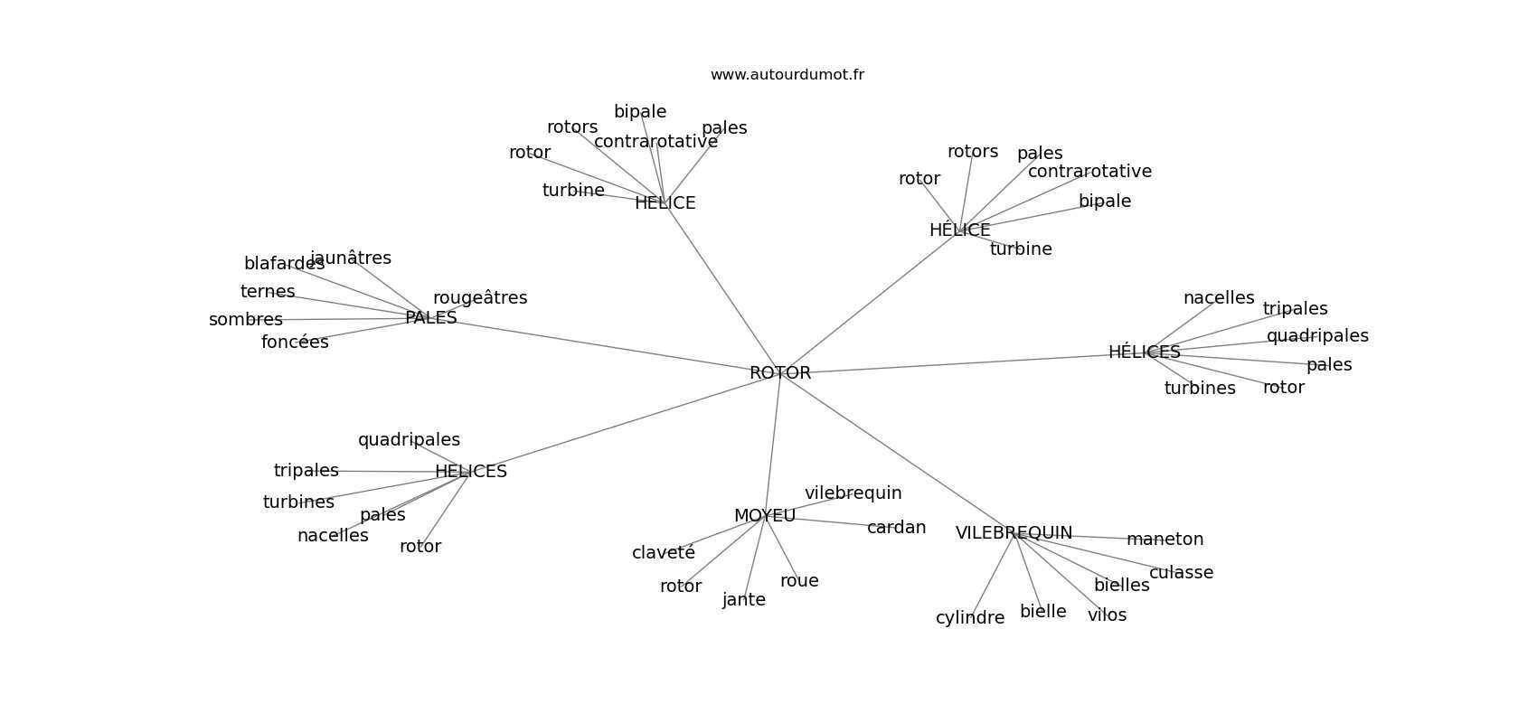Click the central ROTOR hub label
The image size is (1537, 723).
point(780,373)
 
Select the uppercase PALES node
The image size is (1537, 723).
point(431,318)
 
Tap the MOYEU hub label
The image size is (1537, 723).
point(764,516)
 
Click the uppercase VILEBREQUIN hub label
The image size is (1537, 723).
point(1014,533)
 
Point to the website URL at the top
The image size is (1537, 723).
point(787,75)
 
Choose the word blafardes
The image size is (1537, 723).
point(284,263)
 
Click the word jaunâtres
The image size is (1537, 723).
point(351,258)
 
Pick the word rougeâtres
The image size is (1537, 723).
point(479,298)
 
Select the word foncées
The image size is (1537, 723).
point(295,342)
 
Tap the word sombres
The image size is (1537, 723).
point(246,320)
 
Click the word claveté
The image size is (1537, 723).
point(664,553)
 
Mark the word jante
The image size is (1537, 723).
point(744,600)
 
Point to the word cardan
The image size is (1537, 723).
point(896,528)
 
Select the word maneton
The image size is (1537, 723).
point(1165,540)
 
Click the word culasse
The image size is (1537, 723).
point(1181,573)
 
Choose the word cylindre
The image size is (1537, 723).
point(970,618)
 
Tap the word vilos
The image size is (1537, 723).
point(1107,615)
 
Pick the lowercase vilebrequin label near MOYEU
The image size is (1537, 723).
point(853,493)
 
